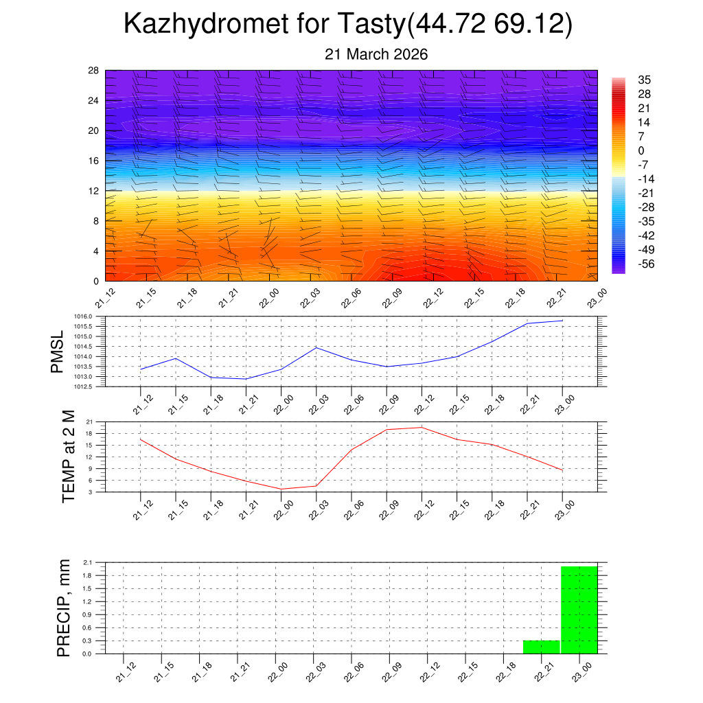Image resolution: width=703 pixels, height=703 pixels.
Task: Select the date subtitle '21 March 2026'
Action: [376, 54]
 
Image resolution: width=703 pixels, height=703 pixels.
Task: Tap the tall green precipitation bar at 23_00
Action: [579, 610]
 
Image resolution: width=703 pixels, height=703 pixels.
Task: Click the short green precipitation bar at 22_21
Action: [541, 647]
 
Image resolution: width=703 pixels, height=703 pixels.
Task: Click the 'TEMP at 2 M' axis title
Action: [68, 456]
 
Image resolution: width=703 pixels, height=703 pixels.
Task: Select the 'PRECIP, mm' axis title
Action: [63, 608]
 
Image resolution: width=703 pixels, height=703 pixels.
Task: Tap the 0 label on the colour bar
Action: [641, 151]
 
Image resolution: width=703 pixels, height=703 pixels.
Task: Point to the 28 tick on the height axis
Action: [93, 71]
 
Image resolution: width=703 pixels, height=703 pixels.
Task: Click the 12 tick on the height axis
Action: [93, 191]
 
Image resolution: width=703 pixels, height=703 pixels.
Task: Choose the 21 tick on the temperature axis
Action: [89, 422]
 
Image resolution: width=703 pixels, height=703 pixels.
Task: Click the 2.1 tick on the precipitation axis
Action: [87, 562]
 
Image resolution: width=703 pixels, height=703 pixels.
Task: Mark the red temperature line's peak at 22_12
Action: [422, 427]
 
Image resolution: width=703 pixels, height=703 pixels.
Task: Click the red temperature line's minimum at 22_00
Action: [281, 489]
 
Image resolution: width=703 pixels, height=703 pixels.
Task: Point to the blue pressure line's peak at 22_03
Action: [316, 347]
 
